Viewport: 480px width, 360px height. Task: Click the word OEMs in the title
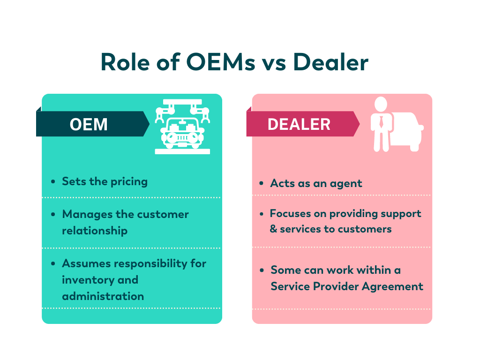[x=220, y=62]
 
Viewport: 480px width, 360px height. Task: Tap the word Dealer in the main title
[x=330, y=62]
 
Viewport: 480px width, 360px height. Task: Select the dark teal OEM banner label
[x=92, y=124]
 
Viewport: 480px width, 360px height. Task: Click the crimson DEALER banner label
[x=303, y=124]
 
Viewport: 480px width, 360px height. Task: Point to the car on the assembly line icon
[x=182, y=134]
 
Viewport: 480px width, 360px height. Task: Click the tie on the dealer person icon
[x=381, y=122]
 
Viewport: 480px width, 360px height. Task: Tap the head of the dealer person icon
[x=381, y=104]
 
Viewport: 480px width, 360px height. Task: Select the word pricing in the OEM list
[x=129, y=182]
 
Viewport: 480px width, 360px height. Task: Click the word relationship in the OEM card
[x=95, y=231]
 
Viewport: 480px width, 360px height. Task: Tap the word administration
[x=103, y=296]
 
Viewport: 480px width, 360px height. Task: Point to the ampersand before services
[x=273, y=229]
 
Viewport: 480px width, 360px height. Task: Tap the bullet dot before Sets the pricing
[x=53, y=181]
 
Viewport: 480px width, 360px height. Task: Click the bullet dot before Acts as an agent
[x=261, y=183]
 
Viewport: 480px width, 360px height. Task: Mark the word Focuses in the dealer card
[x=290, y=213]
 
